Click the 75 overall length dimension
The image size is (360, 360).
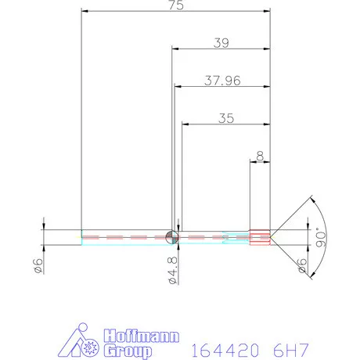point(176,5)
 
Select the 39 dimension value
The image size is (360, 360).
point(221,43)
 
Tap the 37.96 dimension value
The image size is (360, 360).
point(222,81)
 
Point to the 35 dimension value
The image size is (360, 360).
point(226,118)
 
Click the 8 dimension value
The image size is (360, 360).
point(260,156)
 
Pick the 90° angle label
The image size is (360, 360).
point(321,237)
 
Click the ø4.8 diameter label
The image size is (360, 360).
point(173,270)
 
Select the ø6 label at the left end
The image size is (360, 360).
point(38,265)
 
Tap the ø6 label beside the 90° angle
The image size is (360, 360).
point(302,265)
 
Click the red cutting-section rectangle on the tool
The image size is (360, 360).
point(260,237)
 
